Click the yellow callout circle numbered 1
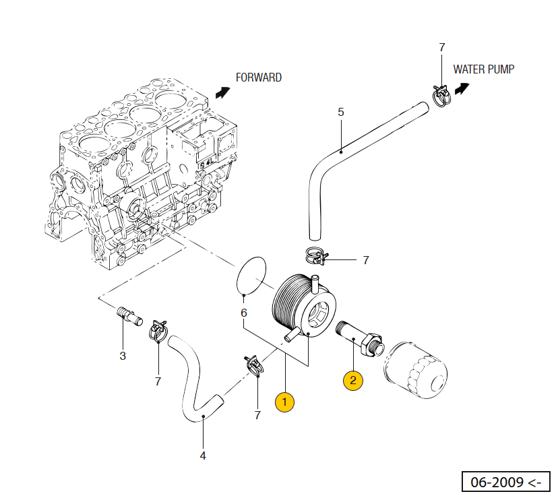coord(284,402)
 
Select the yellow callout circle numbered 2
coord(353,381)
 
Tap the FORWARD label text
coord(258,77)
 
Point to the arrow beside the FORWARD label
coord(221,92)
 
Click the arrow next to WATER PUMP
coord(462,88)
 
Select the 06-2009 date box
coord(506,483)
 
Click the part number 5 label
coord(340,112)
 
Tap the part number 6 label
coord(244,313)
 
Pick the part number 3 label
coord(123,355)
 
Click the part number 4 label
coord(203,456)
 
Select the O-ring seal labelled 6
coord(252,275)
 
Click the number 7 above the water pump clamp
coord(442,47)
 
